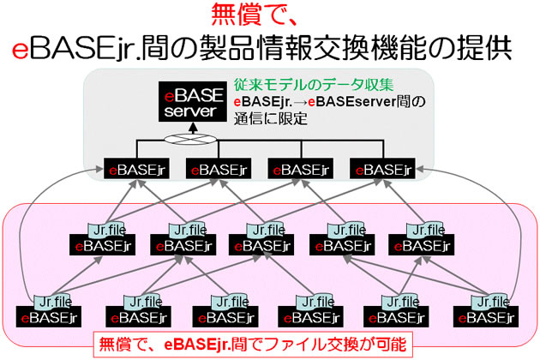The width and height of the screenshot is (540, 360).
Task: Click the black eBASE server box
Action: [193, 102]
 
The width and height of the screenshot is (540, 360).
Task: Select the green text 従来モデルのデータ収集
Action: [314, 85]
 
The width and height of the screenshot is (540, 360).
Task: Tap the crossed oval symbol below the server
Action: [190, 139]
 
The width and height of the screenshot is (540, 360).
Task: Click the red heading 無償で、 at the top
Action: [255, 14]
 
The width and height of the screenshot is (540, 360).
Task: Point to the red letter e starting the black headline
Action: [20, 49]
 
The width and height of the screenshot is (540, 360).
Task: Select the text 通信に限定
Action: [270, 119]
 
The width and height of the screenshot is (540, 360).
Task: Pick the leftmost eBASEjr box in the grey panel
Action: [136, 169]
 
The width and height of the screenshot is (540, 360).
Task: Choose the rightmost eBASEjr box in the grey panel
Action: [382, 169]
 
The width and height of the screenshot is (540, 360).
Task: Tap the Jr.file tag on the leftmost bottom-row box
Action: [52, 302]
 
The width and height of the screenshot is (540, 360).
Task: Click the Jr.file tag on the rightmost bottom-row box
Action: [489, 302]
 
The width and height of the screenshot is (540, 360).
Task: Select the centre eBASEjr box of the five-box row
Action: [261, 245]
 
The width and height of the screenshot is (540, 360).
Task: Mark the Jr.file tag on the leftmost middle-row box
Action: [107, 230]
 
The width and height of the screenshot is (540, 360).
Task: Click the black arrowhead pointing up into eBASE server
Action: [193, 128]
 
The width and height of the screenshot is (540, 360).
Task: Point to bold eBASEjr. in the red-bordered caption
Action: [197, 345]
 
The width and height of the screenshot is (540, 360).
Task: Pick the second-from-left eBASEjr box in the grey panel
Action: [219, 169]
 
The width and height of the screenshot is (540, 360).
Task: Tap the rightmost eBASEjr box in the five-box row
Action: [421, 245]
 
